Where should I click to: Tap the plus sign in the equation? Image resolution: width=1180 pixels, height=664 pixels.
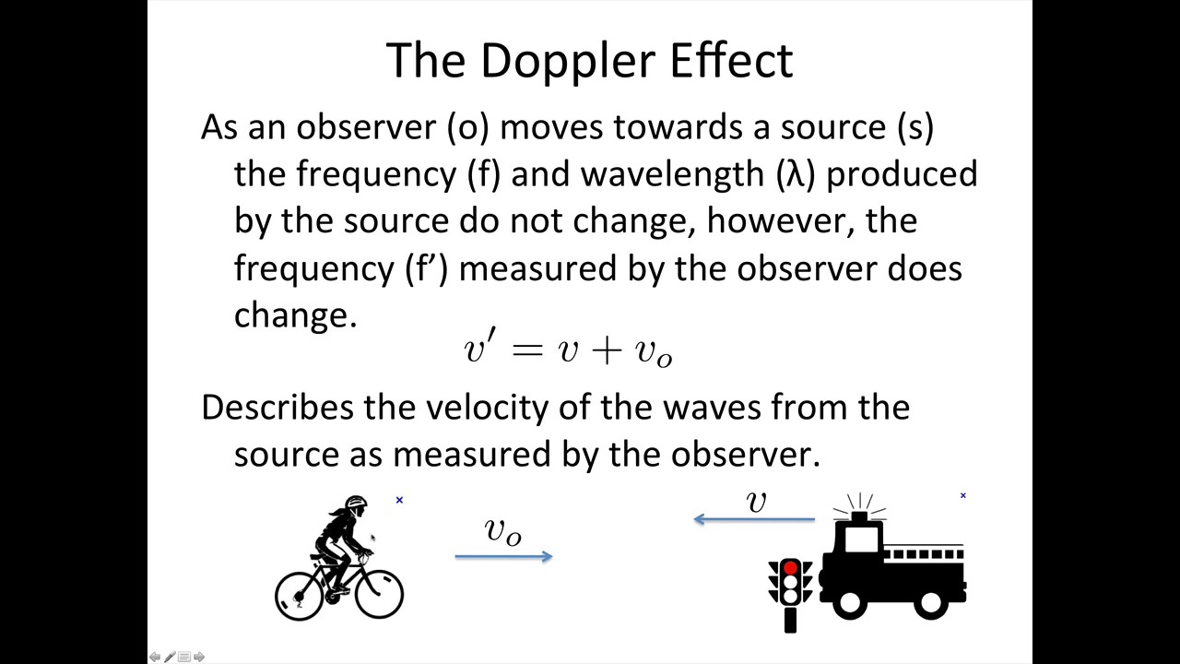coord(607,350)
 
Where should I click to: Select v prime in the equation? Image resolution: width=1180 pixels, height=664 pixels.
coord(476,348)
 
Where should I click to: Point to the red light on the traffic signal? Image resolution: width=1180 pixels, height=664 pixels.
coord(790,568)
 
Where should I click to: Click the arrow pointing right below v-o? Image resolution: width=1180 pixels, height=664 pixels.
coord(503,555)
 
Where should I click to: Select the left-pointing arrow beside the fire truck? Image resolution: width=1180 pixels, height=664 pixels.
coord(753,519)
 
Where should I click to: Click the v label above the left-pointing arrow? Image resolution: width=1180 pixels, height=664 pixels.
coord(756,501)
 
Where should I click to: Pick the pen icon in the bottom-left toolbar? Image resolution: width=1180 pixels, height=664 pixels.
coord(170,657)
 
